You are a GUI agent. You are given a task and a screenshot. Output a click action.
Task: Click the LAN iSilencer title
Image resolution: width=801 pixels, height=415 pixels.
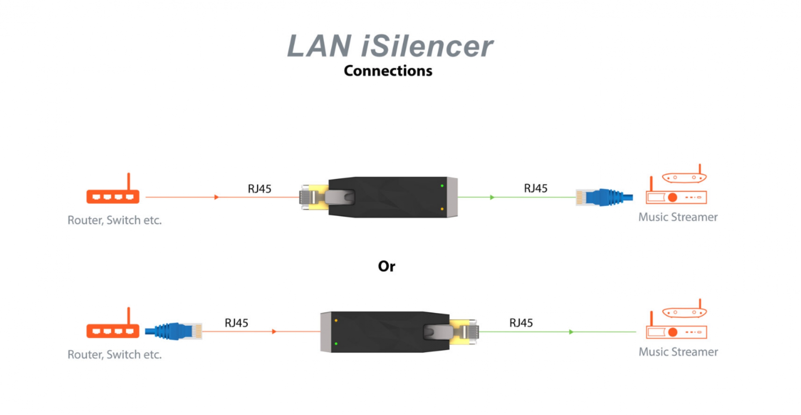[389, 46]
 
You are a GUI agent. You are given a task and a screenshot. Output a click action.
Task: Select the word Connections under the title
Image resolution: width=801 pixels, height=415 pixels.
[388, 71]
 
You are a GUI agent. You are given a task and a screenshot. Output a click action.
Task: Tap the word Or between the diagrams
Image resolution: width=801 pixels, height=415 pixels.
[386, 266]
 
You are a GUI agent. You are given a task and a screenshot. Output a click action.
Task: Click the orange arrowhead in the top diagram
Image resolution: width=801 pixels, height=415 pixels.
[217, 197]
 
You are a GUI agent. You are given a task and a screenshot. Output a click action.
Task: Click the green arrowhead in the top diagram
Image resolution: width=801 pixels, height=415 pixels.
[492, 197]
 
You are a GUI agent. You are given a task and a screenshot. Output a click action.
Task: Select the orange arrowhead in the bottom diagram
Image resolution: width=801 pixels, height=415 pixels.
[274, 331]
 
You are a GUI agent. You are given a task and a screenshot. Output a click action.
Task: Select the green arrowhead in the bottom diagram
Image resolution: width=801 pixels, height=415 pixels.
[571, 332]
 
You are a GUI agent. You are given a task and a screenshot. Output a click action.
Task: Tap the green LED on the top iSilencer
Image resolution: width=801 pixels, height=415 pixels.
[442, 186]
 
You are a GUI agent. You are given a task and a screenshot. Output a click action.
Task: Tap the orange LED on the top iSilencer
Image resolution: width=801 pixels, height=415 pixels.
[442, 209]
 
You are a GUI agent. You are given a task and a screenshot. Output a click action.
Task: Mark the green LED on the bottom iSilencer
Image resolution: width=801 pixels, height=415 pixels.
[336, 344]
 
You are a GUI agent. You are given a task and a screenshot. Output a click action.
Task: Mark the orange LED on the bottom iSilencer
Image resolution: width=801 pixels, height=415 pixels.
[336, 320]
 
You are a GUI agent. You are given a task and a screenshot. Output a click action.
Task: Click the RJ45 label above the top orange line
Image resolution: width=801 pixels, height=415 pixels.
[259, 189]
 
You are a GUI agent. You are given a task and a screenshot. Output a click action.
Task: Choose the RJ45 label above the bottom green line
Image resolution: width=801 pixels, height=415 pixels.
[521, 323]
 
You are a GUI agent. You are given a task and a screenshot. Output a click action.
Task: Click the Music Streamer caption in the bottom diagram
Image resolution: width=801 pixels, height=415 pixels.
[678, 352]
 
